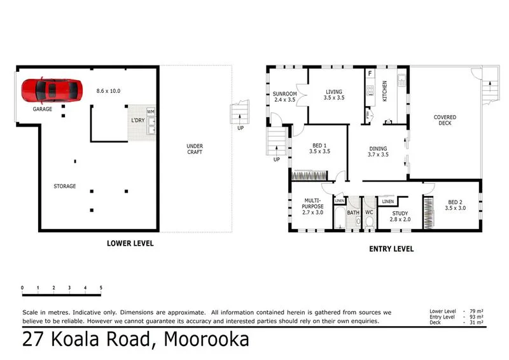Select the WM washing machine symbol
(x=151, y=113)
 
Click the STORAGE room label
(x=65, y=186)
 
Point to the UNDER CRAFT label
(x=195, y=149)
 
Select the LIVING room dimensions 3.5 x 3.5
(x=333, y=98)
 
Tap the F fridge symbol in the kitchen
(x=370, y=74)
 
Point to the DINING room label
(x=378, y=149)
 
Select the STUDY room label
(x=400, y=213)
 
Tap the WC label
(x=368, y=212)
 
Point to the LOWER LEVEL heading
(x=130, y=244)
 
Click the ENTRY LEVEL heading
(x=391, y=249)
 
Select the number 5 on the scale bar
(x=101, y=288)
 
